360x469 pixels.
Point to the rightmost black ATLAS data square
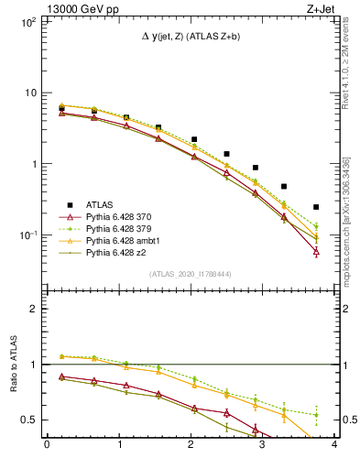point(316,207)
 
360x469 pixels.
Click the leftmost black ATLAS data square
point(61,108)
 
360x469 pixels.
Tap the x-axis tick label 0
point(47,445)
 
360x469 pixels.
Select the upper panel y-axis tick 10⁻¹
point(30,235)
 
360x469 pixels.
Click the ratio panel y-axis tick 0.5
point(33,420)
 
